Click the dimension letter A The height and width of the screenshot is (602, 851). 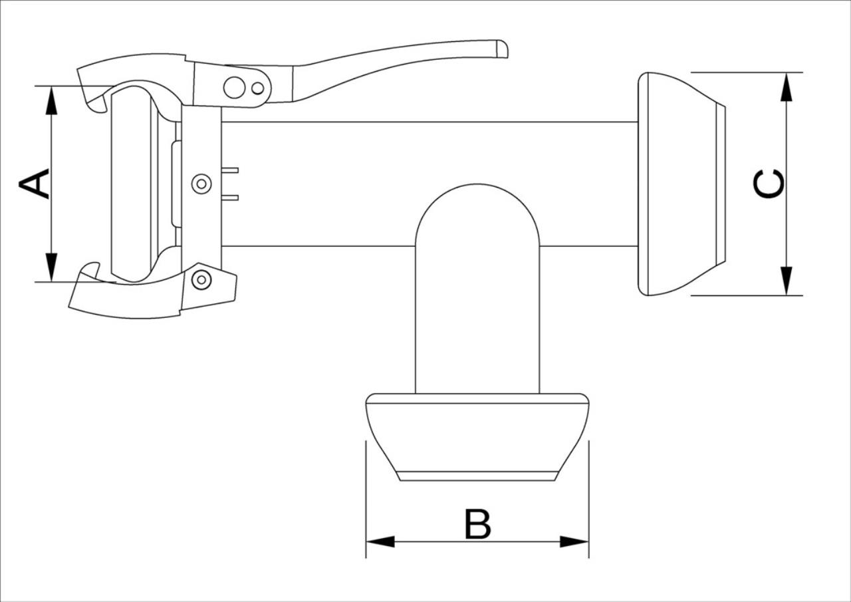click(34, 184)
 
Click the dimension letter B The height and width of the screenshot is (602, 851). click(477, 524)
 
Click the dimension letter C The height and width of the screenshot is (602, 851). click(769, 184)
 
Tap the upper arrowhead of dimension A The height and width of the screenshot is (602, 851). click(51, 100)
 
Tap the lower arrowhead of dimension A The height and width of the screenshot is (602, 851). click(51, 267)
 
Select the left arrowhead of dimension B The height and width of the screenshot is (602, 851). click(380, 541)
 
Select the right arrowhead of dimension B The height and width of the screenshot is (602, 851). click(574, 541)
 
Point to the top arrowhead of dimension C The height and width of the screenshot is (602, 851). click(787, 86)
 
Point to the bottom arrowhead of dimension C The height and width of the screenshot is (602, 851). click(787, 281)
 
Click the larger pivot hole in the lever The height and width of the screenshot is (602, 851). click(235, 87)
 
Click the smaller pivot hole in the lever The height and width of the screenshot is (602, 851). click(258, 88)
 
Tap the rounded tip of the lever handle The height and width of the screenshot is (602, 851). click(503, 49)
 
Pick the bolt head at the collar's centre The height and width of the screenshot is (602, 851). click(201, 184)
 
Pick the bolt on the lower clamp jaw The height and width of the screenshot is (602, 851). click(201, 280)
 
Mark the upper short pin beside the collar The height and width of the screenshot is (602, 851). click(230, 170)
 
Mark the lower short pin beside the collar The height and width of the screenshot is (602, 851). click(230, 198)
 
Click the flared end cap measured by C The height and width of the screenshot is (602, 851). click(681, 184)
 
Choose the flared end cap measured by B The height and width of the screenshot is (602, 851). click(477, 437)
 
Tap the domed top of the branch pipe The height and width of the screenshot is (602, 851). click(477, 185)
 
